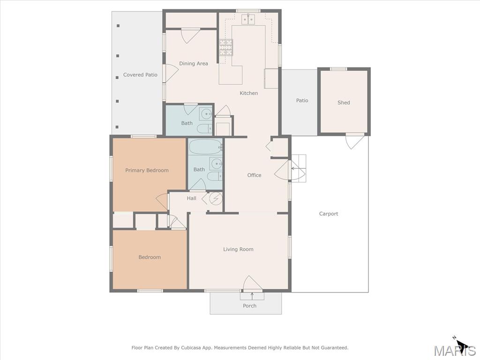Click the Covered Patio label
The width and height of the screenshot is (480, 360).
[140, 75]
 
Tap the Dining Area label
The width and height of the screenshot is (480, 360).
[194, 64]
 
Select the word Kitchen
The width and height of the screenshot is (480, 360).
[248, 93]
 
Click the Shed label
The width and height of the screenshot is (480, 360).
[344, 103]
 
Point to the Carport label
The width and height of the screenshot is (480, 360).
[329, 214]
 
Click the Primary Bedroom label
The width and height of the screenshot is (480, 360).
[147, 170]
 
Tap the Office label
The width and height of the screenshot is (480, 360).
[255, 175]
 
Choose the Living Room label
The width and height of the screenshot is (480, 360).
[238, 249]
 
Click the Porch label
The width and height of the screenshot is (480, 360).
[249, 306]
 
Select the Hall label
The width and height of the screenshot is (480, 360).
[192, 198]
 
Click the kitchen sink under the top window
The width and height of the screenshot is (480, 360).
[248, 19]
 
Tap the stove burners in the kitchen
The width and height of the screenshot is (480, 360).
[226, 47]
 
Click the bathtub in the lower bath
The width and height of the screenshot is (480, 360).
[205, 147]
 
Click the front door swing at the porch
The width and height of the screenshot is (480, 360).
[252, 283]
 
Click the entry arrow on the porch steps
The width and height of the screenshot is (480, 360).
[252, 296]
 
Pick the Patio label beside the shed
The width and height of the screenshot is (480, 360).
[302, 100]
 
